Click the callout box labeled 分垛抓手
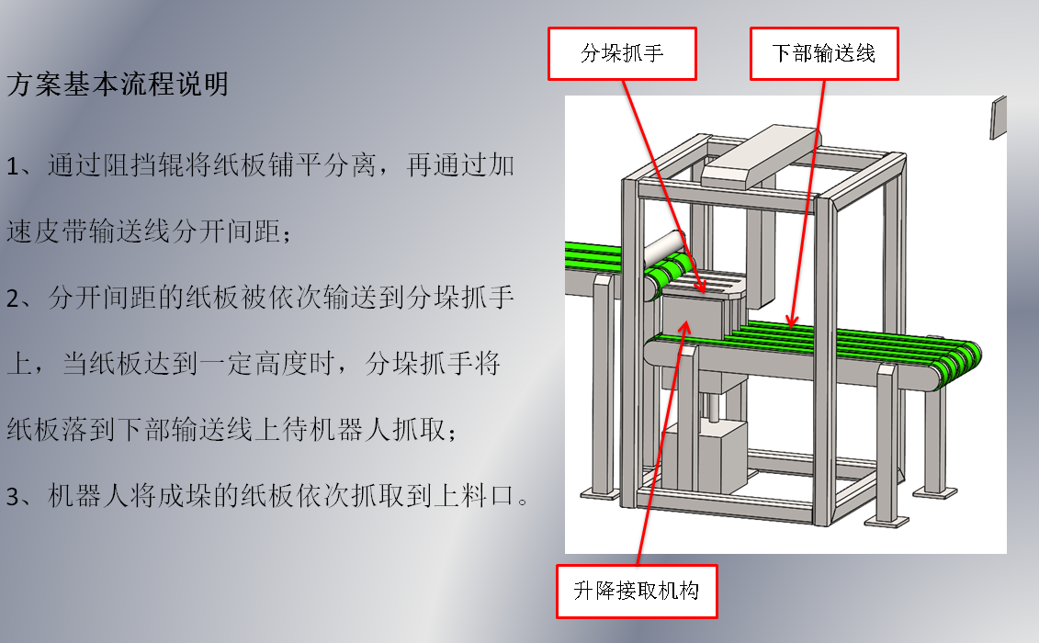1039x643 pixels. pyautogui.click(x=622, y=53)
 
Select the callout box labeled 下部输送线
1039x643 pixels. pyautogui.click(x=823, y=53)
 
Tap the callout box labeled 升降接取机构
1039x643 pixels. pyautogui.click(x=636, y=590)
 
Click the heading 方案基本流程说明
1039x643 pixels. pyautogui.click(x=118, y=85)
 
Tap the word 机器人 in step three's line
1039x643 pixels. pyautogui.click(x=102, y=497)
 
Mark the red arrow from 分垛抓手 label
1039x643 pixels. pyautogui.click(x=661, y=184)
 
